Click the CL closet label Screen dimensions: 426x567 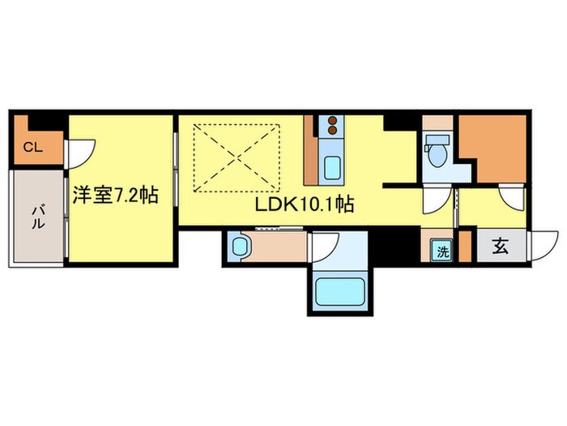[32, 148]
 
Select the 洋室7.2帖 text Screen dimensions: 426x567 [114, 195]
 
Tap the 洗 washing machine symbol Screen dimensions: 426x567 [441, 251]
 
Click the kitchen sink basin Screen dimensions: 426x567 [332, 169]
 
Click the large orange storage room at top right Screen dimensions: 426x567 [492, 146]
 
